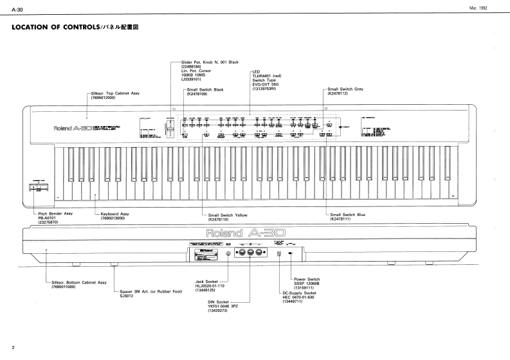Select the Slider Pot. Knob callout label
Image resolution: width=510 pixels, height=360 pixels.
coord(206,61)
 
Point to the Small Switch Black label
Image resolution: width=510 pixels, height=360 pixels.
coord(205,89)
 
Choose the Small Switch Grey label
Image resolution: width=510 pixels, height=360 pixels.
coord(345,89)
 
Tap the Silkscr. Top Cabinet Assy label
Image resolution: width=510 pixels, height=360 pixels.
coord(115,93)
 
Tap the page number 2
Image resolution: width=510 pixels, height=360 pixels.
coord(4,347)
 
